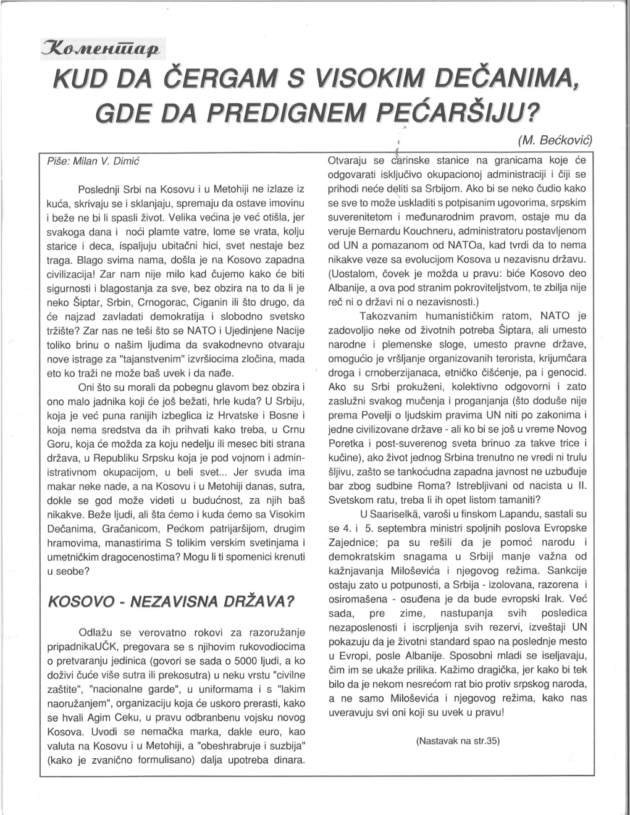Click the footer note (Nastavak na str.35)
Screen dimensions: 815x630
[457, 741]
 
